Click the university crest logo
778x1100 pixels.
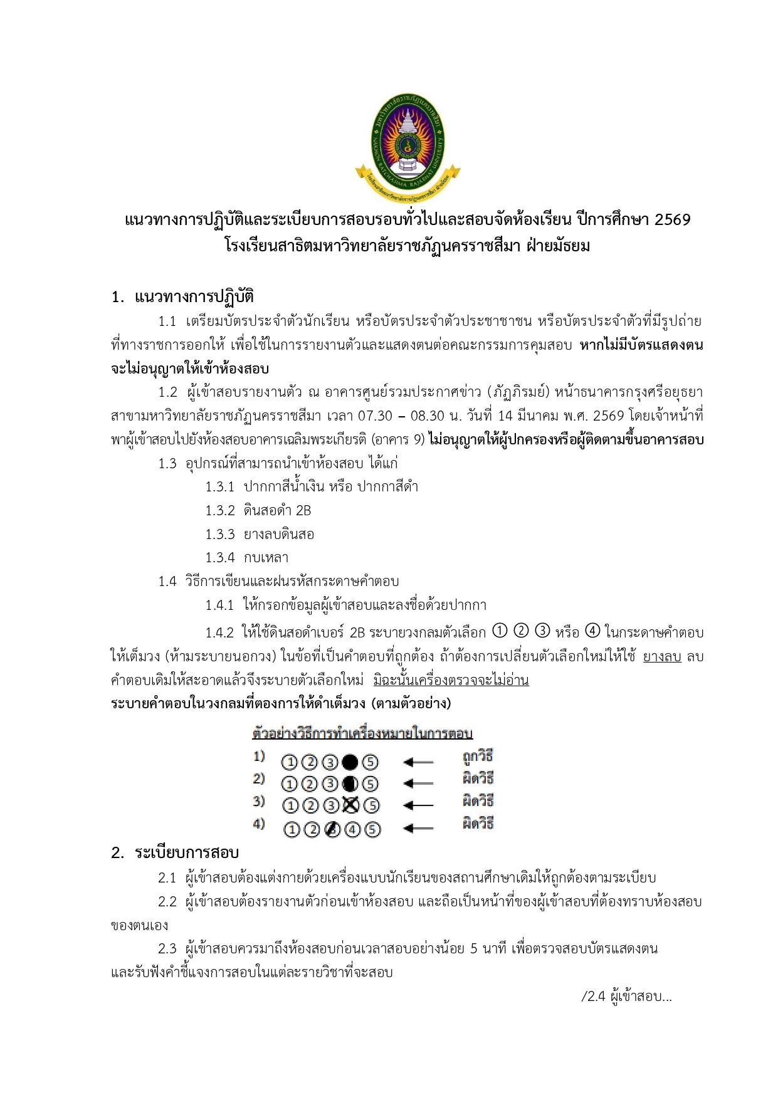tap(407, 147)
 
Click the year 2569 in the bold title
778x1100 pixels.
tap(672, 220)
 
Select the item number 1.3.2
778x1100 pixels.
tap(219, 511)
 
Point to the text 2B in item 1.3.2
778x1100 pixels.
tap(303, 511)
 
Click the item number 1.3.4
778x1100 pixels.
tap(219, 558)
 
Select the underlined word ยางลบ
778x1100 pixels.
tap(662, 657)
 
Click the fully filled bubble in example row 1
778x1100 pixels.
tap(350, 762)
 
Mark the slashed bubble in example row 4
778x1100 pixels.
tap(332, 829)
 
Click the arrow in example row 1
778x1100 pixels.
tap(418, 762)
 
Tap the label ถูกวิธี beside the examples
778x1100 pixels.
tap(478, 757)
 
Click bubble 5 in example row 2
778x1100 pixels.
tap(371, 784)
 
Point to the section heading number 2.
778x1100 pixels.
tap(117, 853)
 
